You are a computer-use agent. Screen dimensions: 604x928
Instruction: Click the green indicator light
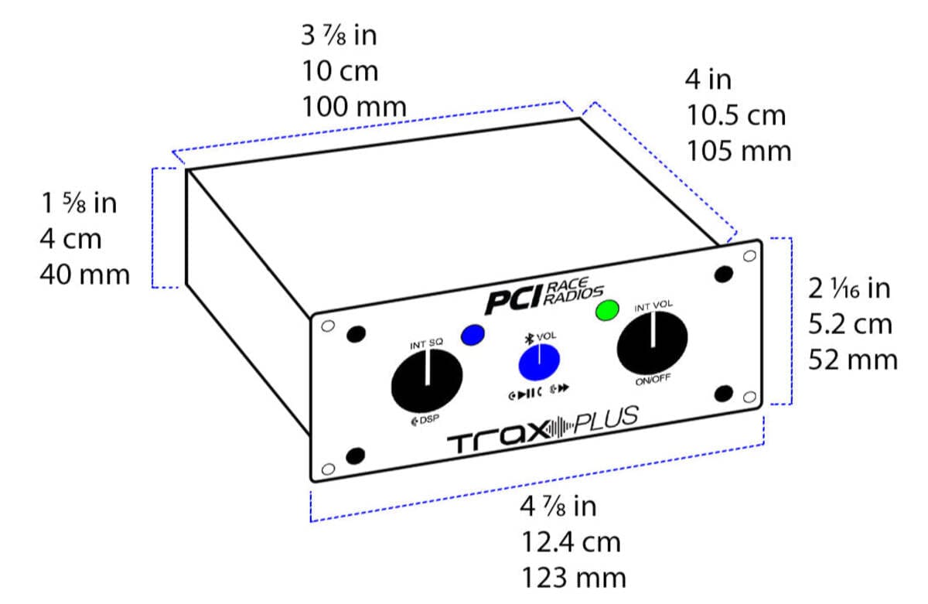pos(608,310)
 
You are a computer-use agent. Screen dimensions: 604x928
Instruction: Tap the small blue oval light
pos(472,335)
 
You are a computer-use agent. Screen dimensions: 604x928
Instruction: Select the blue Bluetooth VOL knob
pos(539,361)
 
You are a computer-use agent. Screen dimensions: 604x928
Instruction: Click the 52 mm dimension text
pos(853,360)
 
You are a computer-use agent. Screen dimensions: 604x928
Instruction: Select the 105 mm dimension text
pos(739,151)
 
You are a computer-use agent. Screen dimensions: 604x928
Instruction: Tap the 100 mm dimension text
pos(353,106)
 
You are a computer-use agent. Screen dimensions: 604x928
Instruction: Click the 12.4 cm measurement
pos(571,542)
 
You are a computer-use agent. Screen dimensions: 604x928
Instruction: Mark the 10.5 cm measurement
pos(736,115)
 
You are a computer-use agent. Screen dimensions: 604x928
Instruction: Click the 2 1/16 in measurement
pos(849,288)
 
